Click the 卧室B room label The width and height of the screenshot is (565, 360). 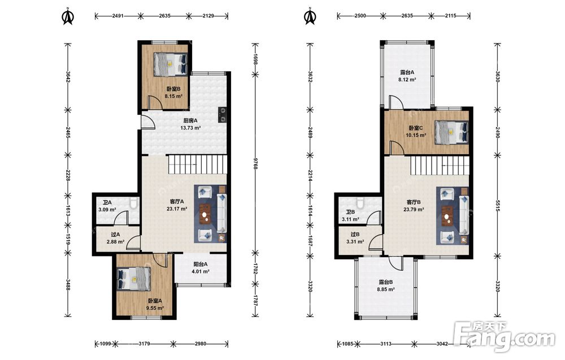coord(173,89)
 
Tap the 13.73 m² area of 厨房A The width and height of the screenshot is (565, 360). coord(190,128)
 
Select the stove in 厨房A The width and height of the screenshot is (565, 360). coord(223,115)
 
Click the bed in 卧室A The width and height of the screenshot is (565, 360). coord(134,279)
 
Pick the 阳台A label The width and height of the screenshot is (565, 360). coord(201,264)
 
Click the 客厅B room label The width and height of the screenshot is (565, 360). coord(414,202)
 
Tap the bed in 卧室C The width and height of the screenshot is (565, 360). coord(451,132)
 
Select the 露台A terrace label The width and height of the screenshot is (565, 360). coord(407,72)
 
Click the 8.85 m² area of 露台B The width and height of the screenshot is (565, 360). coord(385,289)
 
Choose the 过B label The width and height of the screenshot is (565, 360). coord(355,234)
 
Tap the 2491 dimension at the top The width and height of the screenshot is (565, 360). coord(118,15)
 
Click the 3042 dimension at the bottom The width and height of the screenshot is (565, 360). coord(442,344)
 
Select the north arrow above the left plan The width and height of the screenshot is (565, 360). coord(67,16)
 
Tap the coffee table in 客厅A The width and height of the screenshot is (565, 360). coord(205,214)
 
